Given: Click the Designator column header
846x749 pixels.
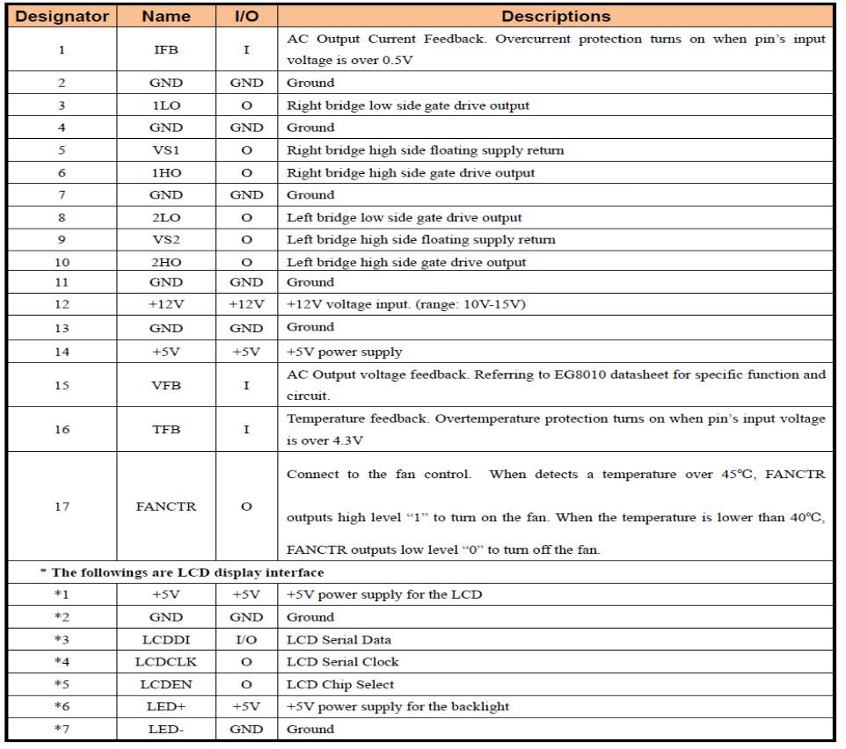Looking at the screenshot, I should pos(62,17).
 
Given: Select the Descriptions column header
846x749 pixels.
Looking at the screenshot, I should pos(556,17).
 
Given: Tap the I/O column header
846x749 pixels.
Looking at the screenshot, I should pos(246,17).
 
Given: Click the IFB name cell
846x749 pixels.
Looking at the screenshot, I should pos(165,50).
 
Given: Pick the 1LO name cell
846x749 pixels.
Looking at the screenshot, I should pos(165,105).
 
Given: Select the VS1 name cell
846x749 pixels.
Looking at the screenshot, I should pos(165,150).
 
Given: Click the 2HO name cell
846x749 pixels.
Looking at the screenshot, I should pos(165,262).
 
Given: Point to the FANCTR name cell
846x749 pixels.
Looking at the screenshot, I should pos(165,506).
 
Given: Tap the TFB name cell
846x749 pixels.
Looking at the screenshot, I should pos(165,429).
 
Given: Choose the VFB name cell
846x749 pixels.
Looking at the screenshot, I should pos(165,385).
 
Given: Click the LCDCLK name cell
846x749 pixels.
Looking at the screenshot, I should pos(165,662).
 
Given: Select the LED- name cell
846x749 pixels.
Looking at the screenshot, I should pos(165,729).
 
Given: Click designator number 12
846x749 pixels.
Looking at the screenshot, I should pos(62,304).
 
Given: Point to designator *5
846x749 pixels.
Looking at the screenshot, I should pos(62,684).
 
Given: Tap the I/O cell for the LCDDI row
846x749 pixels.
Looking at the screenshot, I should pos(246,640).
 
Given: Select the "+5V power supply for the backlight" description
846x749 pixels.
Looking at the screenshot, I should pos(397,706).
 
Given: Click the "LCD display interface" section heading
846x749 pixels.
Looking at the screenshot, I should pos(182,572).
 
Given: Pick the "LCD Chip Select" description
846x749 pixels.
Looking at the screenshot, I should pos(340,684).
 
